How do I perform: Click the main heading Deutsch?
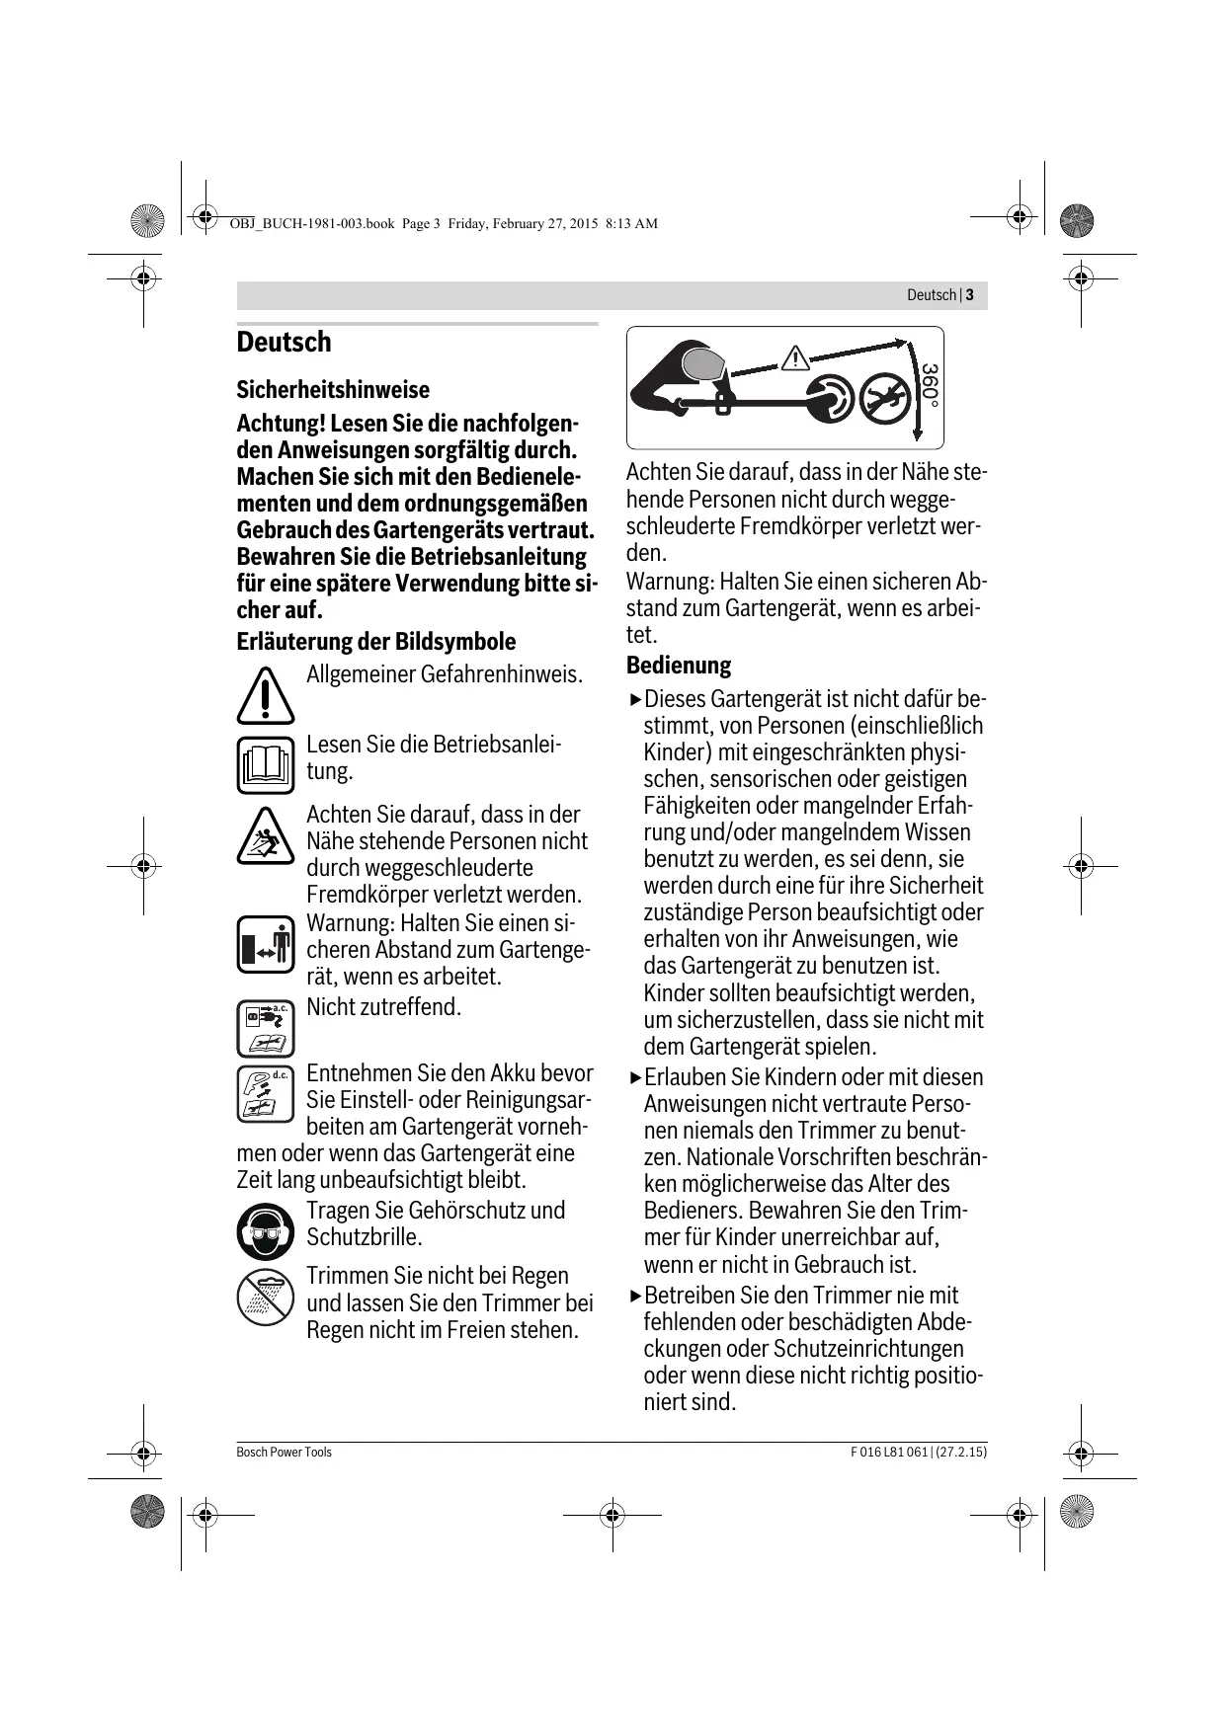tap(284, 343)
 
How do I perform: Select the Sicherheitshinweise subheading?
tap(333, 390)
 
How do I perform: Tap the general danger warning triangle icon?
tap(265, 695)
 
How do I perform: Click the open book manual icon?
tap(265, 765)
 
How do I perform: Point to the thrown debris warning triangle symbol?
tap(265, 836)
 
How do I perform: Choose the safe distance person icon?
tap(266, 945)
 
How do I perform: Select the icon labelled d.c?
tap(266, 1094)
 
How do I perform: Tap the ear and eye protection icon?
tap(265, 1231)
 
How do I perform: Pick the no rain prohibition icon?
tap(265, 1297)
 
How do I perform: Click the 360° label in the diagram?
tap(930, 386)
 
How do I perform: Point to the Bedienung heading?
tap(679, 666)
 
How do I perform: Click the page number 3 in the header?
tap(970, 295)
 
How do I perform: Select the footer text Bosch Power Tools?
tap(285, 1453)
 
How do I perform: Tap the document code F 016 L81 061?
tap(889, 1453)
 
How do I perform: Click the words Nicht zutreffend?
tap(383, 1008)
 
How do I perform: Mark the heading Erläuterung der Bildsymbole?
tap(375, 642)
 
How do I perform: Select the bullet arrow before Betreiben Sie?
tap(634, 1297)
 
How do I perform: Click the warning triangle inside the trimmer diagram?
tap(794, 358)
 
